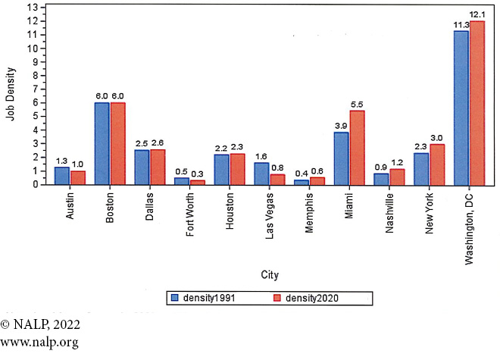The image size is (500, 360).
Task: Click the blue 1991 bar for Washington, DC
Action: pyautogui.click(x=461, y=107)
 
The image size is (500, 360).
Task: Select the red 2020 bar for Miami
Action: pyautogui.click(x=358, y=147)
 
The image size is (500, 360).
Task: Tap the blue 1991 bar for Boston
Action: pyautogui.click(x=102, y=143)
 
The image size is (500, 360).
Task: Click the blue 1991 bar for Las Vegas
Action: pyautogui.click(x=261, y=174)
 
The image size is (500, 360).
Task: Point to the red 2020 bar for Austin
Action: pyautogui.click(x=78, y=177)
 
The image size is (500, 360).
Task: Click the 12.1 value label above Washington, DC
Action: pyautogui.click(x=477, y=14)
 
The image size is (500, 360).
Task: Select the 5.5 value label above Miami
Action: pyautogui.click(x=358, y=104)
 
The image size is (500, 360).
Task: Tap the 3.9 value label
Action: pyautogui.click(x=342, y=125)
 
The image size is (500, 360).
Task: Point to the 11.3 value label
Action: pyautogui.click(x=461, y=25)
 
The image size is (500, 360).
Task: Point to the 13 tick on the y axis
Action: pyautogui.click(x=32, y=8)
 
